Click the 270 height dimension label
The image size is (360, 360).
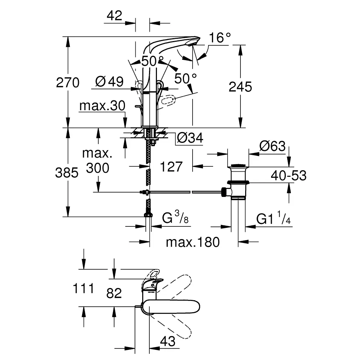68,82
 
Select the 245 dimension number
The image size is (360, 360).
240,87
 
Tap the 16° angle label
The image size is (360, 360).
220,37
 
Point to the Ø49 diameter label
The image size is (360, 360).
109,81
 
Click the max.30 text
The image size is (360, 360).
102,105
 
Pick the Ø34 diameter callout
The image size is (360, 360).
190,138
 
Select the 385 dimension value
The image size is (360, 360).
67,172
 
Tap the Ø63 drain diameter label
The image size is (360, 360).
273,146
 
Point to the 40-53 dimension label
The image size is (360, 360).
289,175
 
